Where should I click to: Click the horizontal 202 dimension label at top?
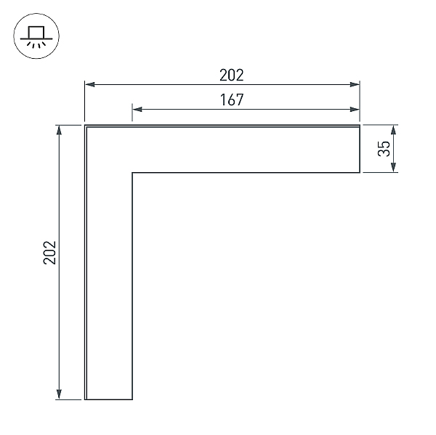tap(231, 75)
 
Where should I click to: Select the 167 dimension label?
tap(232, 99)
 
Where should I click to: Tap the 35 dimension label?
tap(384, 149)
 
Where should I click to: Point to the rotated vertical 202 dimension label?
tap(49, 253)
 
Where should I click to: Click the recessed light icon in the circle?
tap(36, 37)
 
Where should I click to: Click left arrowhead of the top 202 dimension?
tap(89, 84)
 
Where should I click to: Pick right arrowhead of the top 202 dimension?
tap(355, 84)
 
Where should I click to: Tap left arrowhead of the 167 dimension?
tap(137, 109)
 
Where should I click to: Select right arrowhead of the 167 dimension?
tap(355, 109)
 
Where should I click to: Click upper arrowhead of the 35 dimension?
tap(393, 130)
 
